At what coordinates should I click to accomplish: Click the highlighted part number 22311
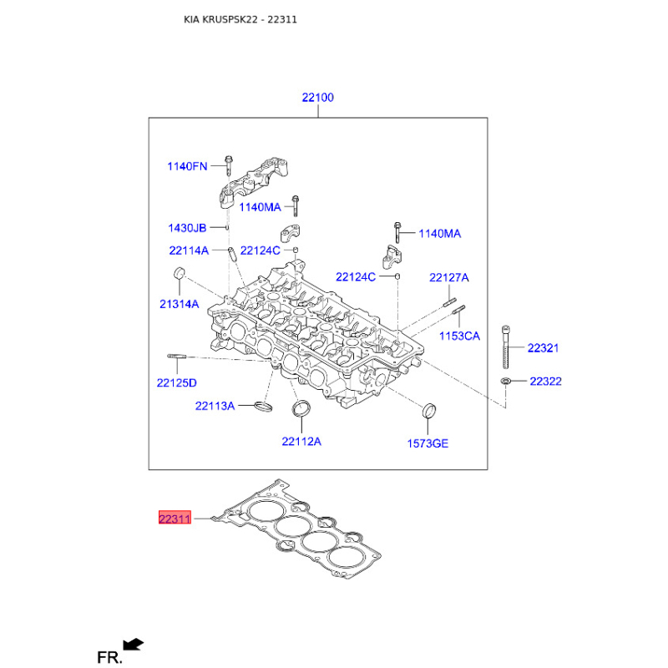tap(175, 518)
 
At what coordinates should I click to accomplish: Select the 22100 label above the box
tap(318, 98)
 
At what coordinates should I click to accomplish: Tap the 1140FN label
tap(187, 166)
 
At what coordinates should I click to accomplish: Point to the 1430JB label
tap(187, 228)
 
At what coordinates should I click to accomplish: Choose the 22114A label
tap(189, 250)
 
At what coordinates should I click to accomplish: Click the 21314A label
tap(179, 304)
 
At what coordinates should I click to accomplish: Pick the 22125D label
tap(177, 383)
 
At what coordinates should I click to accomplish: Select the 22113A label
tap(215, 406)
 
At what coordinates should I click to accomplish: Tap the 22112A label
tap(301, 442)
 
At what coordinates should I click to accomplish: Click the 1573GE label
tap(428, 443)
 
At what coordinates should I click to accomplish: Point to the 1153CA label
tap(460, 337)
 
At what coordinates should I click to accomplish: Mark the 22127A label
tap(449, 278)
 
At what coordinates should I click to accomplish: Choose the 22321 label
tap(544, 348)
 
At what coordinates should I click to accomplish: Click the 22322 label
tap(546, 382)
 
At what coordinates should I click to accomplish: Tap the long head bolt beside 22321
tap(506, 347)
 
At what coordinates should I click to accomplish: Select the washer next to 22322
tap(506, 381)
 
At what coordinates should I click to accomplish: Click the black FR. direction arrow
tap(134, 644)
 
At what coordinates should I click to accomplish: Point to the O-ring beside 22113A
tap(264, 407)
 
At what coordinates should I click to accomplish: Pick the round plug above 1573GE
tap(429, 410)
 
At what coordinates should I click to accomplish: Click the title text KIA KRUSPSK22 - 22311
tap(240, 19)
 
